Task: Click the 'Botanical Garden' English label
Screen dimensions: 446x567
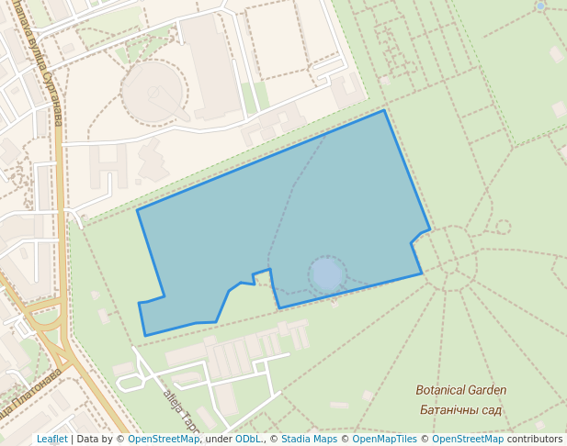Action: coord(460,390)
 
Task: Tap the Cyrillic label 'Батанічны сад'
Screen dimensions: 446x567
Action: coord(460,409)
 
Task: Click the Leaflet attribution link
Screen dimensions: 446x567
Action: coord(51,439)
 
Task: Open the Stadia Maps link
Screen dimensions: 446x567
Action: coord(309,439)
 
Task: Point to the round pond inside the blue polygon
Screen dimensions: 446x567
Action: coord(327,273)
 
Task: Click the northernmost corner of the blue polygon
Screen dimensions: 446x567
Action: coord(384,111)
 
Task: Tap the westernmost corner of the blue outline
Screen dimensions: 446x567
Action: coord(138,210)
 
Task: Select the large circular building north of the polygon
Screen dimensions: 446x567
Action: coord(154,90)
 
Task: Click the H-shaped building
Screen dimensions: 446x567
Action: coord(108,166)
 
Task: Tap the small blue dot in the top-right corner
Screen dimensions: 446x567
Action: coord(540,6)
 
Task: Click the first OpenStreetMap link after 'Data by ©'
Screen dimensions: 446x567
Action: coord(164,439)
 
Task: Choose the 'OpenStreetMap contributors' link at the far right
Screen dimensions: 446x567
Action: coord(497,439)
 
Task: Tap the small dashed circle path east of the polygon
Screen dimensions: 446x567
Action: coord(503,227)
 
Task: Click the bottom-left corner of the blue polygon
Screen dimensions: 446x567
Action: coord(145,335)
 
